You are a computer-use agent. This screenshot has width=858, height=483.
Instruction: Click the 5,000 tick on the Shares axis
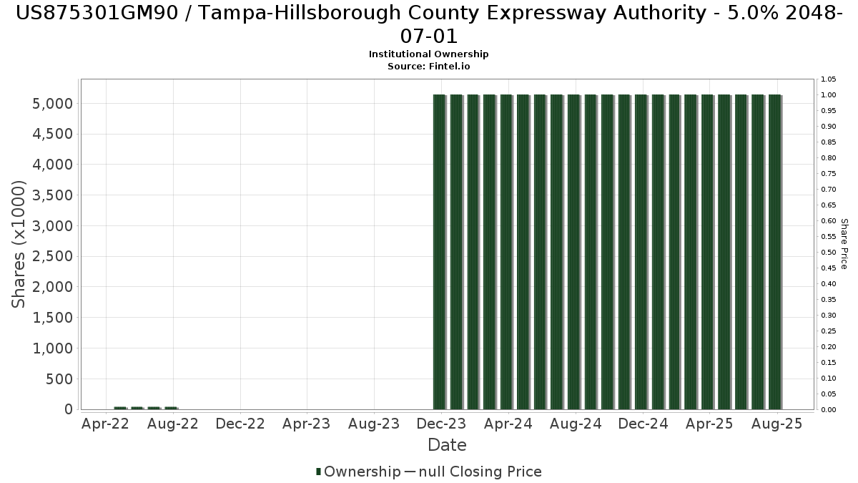point(52,104)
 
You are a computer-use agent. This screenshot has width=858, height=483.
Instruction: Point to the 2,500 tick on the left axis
point(52,256)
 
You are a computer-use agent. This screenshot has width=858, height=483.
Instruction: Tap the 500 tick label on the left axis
point(59,379)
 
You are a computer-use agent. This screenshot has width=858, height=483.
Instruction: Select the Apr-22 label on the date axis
point(105,424)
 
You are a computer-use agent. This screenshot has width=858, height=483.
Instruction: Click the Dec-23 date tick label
point(441,424)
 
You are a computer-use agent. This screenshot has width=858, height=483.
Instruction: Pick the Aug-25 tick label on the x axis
point(776,424)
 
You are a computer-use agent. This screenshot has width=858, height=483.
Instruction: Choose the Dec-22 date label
point(240,424)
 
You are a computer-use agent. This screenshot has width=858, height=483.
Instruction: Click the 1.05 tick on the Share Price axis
point(828,79)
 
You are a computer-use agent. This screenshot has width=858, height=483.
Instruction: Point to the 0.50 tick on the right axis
point(828,252)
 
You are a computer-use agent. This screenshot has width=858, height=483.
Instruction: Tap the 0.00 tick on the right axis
point(828,410)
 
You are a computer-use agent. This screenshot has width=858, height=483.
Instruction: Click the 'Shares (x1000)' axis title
point(18,244)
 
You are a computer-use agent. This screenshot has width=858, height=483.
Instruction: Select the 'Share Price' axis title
point(844,244)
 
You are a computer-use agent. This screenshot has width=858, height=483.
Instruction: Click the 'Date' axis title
point(447,445)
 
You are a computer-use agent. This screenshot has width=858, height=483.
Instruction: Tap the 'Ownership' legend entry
point(358,472)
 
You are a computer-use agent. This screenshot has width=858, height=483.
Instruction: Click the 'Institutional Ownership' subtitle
point(428,54)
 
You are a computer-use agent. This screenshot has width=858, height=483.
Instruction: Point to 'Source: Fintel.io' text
point(428,67)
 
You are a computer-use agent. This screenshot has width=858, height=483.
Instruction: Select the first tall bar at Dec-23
point(440,252)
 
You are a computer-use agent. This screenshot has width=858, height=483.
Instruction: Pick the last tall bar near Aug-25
point(775,252)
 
